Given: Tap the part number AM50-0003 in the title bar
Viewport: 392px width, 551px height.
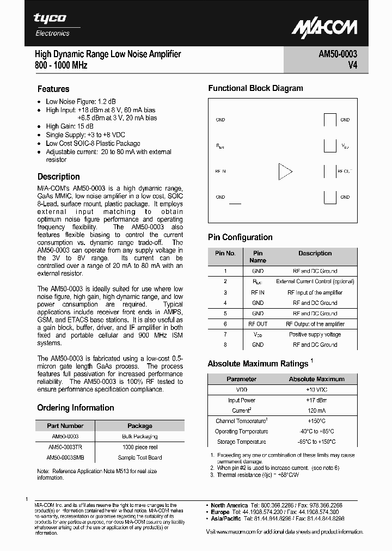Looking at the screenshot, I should (338, 54).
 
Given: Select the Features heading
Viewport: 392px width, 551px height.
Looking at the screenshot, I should (53, 89).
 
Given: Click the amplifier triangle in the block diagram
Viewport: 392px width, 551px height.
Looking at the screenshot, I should (285, 171).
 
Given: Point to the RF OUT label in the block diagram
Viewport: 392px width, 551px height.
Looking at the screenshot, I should (345, 171).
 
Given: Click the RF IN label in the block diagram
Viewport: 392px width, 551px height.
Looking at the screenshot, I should (220, 171).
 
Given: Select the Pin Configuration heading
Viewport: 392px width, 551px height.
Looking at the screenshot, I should (240, 237).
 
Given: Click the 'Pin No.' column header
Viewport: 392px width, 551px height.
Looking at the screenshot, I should (225, 253).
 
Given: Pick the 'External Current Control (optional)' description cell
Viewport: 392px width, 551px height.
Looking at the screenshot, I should (315, 281).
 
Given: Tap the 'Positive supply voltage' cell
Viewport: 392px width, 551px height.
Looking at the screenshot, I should (315, 334).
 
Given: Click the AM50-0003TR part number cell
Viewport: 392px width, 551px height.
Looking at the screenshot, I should (64, 447).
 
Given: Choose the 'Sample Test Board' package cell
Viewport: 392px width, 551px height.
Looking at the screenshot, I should (140, 457).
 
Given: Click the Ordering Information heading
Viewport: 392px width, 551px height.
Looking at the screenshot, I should (76, 408).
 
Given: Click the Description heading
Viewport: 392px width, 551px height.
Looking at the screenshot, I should (59, 177).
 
